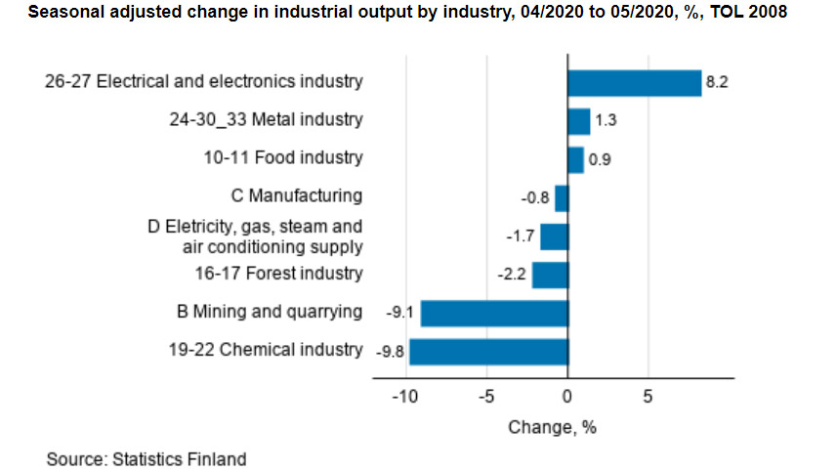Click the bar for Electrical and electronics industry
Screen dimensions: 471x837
coord(634,83)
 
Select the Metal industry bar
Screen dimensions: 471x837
coord(578,121)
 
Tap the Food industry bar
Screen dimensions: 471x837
coord(575,159)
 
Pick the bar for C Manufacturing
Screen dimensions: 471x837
coord(562,197)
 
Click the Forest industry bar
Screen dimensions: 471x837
coord(550,275)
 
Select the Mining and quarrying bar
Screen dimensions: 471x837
coord(494,313)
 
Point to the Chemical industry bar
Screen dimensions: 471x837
coord(488,351)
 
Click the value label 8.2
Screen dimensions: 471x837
coord(717,83)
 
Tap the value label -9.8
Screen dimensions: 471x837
coord(390,351)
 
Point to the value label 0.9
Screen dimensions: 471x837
coord(600,159)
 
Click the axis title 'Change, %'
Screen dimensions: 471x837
coord(552,427)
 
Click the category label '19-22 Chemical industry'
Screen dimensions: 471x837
coord(266,350)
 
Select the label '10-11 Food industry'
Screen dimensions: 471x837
coord(284,158)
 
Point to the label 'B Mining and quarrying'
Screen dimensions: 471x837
coord(269,312)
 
